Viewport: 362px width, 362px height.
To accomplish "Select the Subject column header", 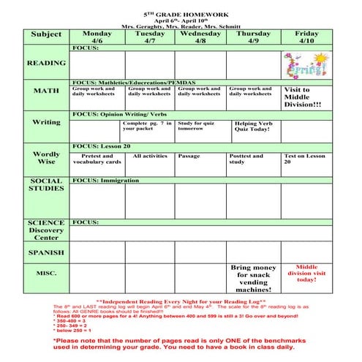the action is (x=47, y=34).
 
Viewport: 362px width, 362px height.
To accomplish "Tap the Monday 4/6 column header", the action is (x=97, y=37).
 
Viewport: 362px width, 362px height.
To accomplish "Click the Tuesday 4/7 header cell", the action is (x=149, y=37).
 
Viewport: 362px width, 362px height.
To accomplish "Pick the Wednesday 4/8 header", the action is (x=200, y=37).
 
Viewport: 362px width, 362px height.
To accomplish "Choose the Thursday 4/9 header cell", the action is (x=253, y=37).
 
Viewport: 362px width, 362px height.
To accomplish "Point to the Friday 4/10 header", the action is (x=306, y=37).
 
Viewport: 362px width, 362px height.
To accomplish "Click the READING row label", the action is (x=47, y=64).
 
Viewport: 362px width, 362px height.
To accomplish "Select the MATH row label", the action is (x=47, y=91).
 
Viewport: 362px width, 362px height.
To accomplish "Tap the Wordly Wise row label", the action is (x=47, y=158).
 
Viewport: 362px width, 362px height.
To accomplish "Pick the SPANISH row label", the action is (x=47, y=252).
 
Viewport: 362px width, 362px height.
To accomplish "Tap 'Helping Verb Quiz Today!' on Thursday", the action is (x=254, y=127).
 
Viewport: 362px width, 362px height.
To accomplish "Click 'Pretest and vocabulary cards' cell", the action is (x=97, y=159).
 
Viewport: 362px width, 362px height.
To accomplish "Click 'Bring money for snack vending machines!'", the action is (x=254, y=279).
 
